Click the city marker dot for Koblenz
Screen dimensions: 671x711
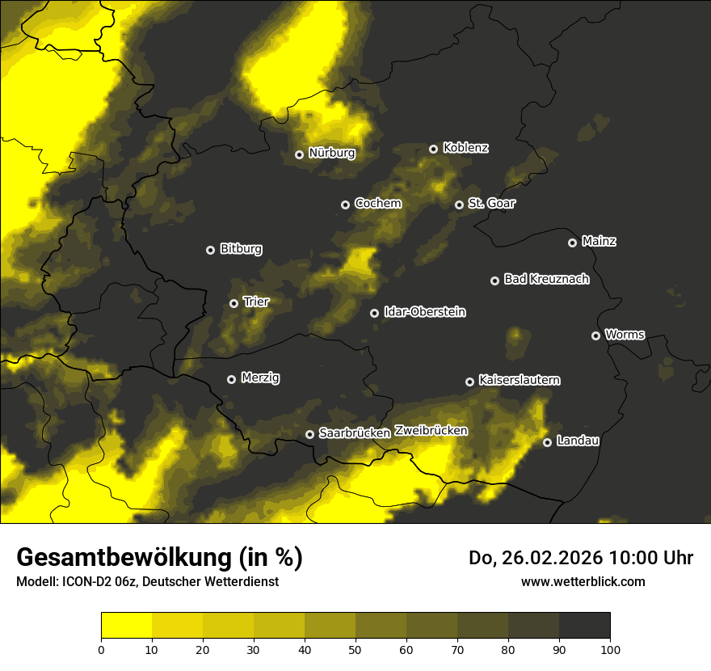tap(433, 149)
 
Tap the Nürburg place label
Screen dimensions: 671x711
tap(332, 153)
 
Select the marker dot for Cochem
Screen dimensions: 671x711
tap(345, 205)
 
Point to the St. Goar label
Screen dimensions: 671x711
tap(491, 203)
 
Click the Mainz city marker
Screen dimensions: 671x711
tap(572, 243)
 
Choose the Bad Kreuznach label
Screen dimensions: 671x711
tap(546, 279)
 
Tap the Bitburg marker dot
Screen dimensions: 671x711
tap(210, 250)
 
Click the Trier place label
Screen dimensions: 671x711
tap(256, 302)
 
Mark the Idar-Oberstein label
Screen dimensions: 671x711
tap(425, 312)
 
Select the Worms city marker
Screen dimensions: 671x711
tap(595, 335)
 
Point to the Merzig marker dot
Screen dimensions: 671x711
tap(231, 379)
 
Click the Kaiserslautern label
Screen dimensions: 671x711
tap(520, 380)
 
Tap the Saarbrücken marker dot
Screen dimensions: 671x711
tap(309, 434)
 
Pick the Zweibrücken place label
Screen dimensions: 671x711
tap(431, 430)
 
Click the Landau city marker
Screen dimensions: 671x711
tap(547, 442)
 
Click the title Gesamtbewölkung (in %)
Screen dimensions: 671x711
tap(159, 557)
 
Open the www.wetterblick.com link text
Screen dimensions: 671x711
tap(583, 581)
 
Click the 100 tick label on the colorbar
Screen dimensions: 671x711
tap(610, 648)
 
